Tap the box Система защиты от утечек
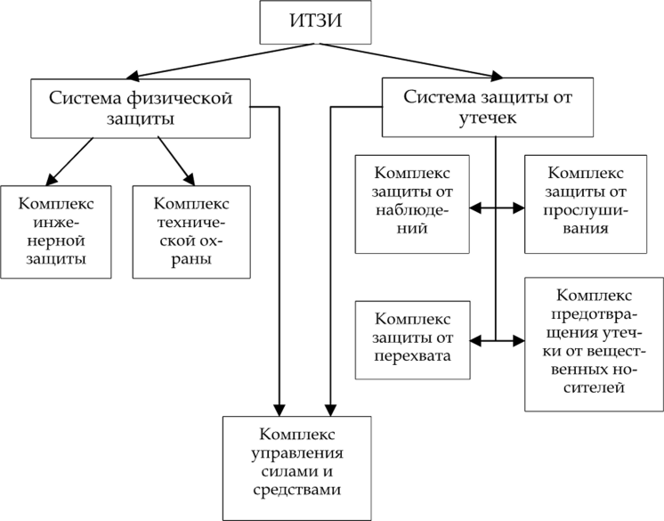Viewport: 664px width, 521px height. [x=487, y=108]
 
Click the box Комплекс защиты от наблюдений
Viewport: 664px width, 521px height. [x=411, y=203]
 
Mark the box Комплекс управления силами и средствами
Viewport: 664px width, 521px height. [x=297, y=467]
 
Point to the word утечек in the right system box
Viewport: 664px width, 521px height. [x=487, y=118]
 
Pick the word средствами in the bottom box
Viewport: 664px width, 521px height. [x=297, y=489]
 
